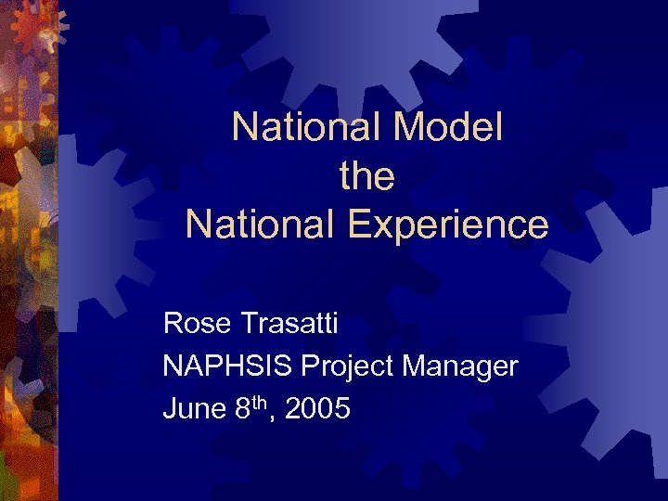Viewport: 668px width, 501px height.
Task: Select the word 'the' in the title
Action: (367, 175)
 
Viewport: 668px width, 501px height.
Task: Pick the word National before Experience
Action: (245, 225)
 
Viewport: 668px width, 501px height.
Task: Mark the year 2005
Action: (318, 408)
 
